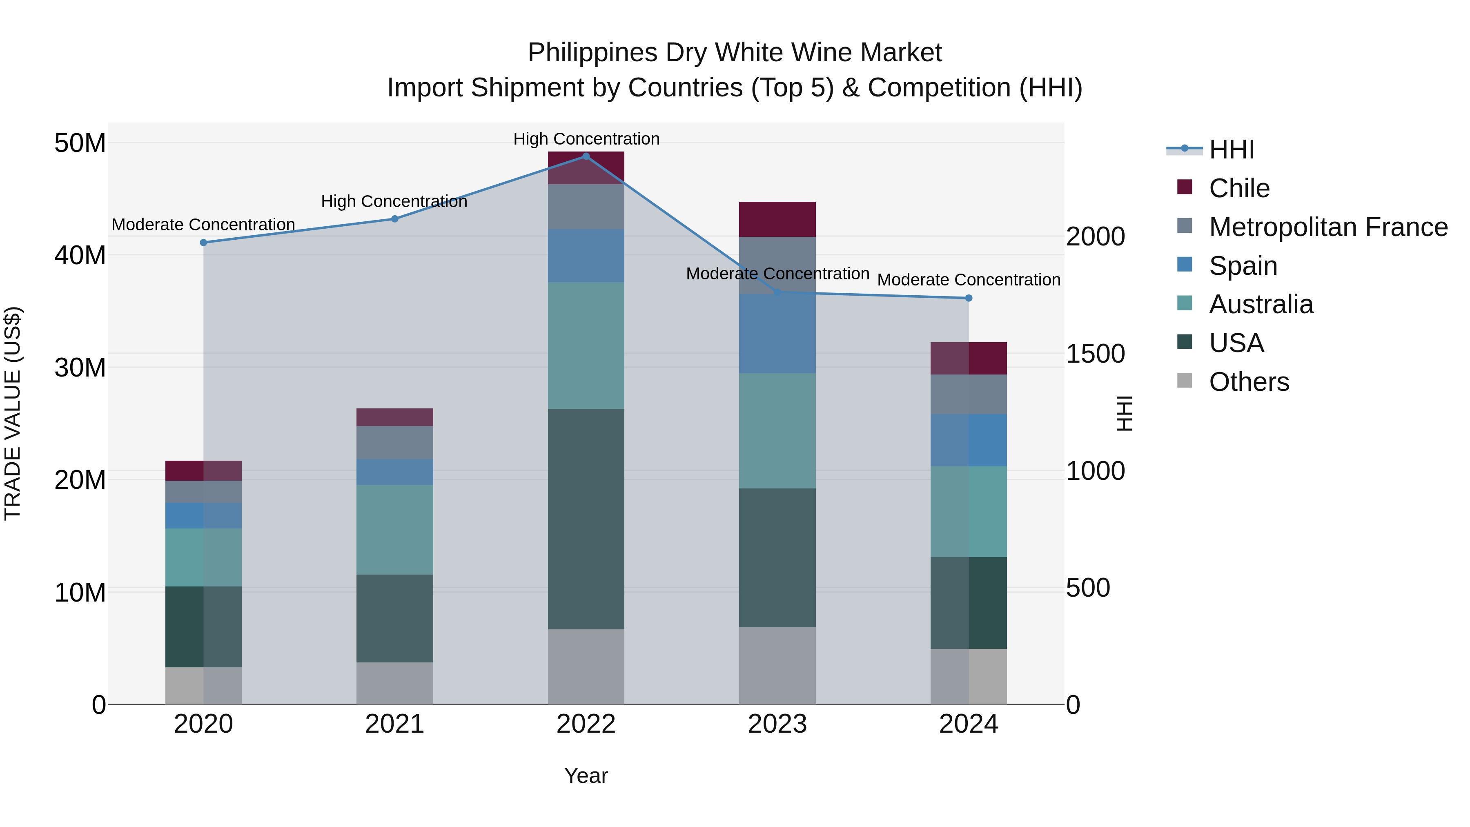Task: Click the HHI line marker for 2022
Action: point(586,156)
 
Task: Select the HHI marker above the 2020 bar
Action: point(204,243)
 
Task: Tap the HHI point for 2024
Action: point(969,298)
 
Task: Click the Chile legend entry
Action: point(1239,188)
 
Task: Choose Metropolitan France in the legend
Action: point(1328,227)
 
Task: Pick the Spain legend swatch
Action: point(1185,265)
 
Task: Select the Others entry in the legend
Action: point(1249,382)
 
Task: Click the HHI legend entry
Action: point(1232,149)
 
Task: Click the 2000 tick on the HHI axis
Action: point(1096,236)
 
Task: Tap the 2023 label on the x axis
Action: point(777,724)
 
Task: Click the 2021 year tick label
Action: point(394,724)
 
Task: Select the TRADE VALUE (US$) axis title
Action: point(13,413)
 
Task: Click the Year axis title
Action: point(586,776)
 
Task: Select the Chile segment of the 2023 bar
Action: point(777,219)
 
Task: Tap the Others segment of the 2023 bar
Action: point(777,666)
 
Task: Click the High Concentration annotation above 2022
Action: point(586,139)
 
